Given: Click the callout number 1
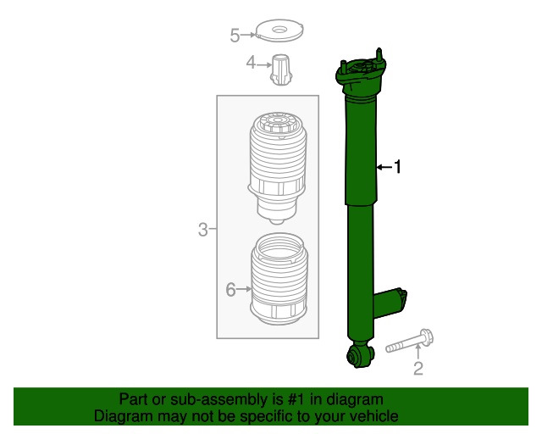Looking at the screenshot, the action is click(x=398, y=167).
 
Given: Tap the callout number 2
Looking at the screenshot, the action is click(x=418, y=369).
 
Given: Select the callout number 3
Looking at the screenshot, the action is click(x=203, y=230).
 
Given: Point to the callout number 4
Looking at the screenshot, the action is click(x=251, y=63).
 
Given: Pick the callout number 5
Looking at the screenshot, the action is click(x=235, y=36).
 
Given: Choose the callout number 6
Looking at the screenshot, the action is click(x=231, y=289).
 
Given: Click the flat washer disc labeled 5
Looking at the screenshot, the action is click(x=279, y=31).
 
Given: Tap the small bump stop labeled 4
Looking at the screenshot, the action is click(x=281, y=70).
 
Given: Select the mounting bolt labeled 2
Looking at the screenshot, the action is click(x=409, y=342).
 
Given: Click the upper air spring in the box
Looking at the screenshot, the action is click(x=278, y=168).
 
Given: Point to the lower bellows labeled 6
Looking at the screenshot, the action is click(x=279, y=279).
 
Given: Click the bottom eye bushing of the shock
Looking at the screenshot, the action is click(x=360, y=355).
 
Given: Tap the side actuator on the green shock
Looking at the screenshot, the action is click(x=390, y=303).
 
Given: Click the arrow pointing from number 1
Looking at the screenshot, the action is click(x=384, y=168).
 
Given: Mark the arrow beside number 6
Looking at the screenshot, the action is click(x=245, y=289).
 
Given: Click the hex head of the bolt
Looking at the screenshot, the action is click(x=427, y=337).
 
